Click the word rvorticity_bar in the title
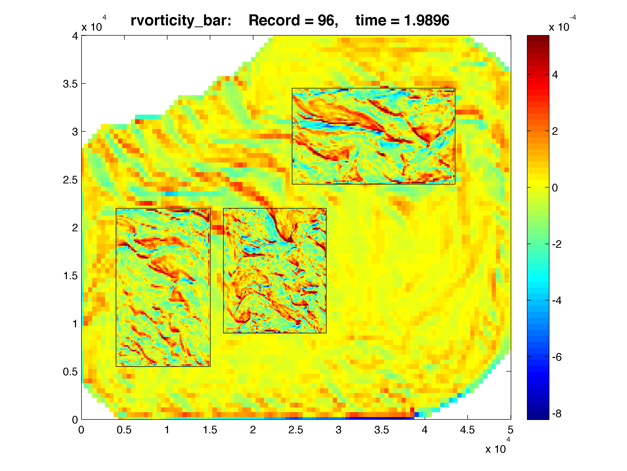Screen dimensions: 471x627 tap(181, 21)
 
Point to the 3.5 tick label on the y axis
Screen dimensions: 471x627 tap(70, 84)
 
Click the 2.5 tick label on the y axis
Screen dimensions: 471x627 tap(70, 180)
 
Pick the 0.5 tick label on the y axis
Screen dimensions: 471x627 tap(70, 372)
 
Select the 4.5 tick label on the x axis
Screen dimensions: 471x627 tap(467, 430)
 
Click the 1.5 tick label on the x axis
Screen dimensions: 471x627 tap(210, 430)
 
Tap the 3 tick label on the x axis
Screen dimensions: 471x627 tap(338, 430)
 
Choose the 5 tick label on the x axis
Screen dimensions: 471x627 tap(510, 430)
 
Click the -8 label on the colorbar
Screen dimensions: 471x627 tap(556, 414)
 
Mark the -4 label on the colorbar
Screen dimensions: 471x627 tap(556, 301)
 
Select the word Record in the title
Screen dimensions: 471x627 tap(274, 21)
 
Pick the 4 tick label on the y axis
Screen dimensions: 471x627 tap(75, 36)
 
